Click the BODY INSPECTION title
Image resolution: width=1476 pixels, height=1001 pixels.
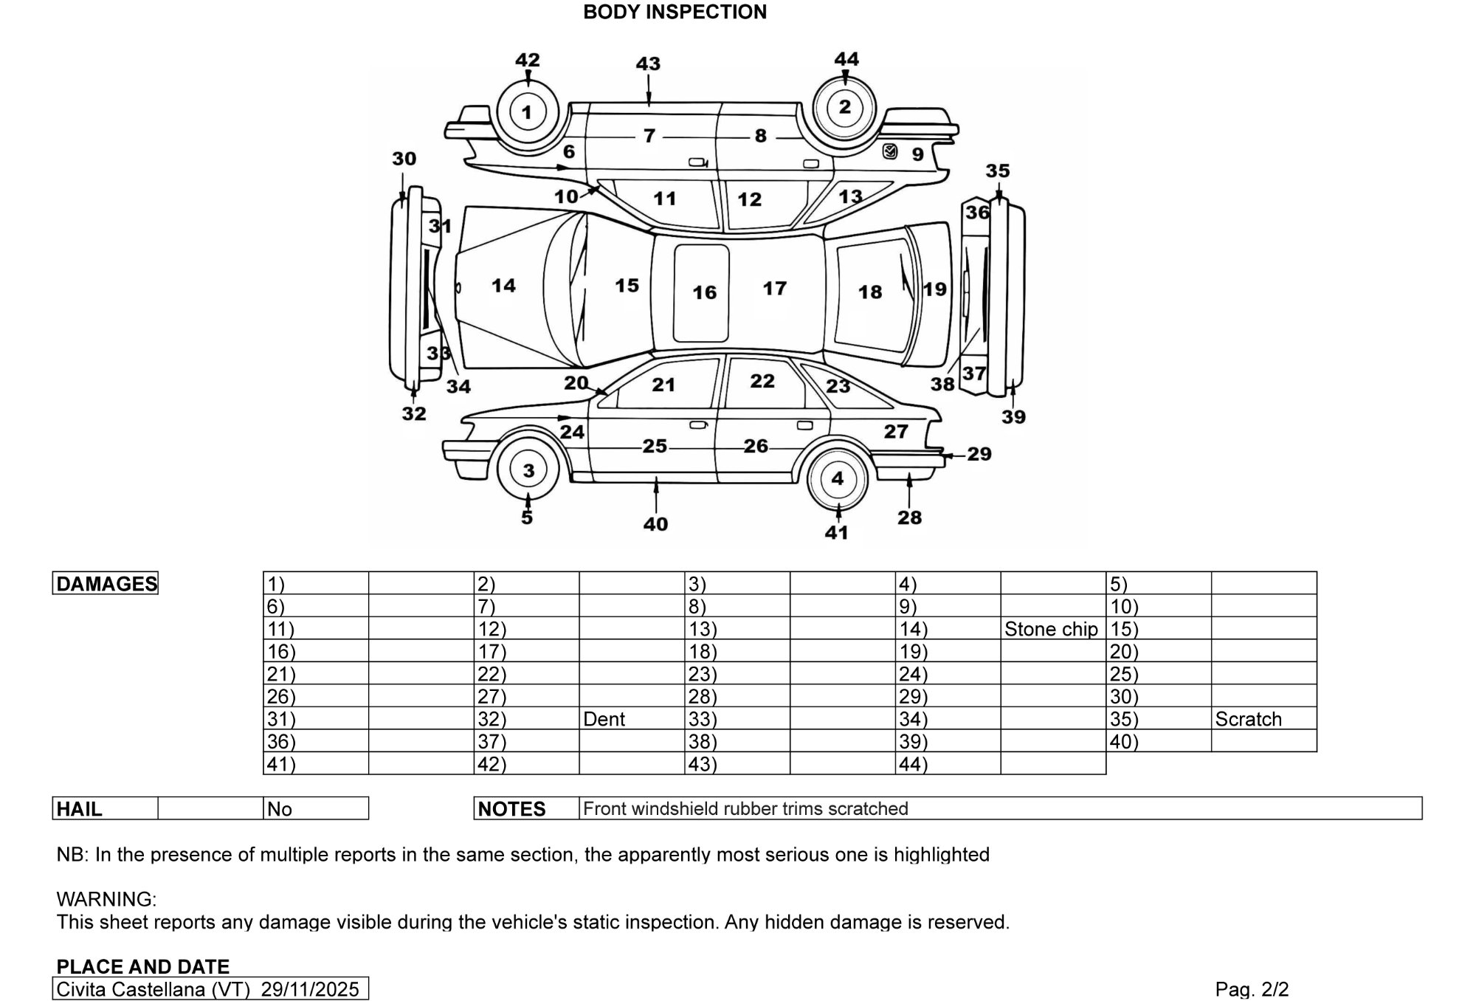click(x=675, y=12)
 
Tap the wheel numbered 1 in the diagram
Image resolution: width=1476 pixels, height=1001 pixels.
click(x=527, y=112)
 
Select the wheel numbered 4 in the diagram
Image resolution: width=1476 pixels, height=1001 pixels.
click(x=837, y=478)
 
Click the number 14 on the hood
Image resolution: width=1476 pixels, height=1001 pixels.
click(x=503, y=286)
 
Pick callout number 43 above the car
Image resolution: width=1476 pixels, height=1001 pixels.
click(x=648, y=63)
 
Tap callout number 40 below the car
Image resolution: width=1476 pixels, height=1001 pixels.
click(x=655, y=524)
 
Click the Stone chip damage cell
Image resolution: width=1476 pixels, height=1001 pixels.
click(x=1051, y=629)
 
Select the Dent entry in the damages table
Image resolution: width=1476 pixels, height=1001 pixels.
click(x=604, y=719)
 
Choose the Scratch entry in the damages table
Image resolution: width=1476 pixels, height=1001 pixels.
click(x=1248, y=719)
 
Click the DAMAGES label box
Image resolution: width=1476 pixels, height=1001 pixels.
click(x=106, y=584)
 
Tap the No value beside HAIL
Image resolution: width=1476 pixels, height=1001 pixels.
click(x=280, y=809)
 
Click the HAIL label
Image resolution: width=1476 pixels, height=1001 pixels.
click(x=79, y=809)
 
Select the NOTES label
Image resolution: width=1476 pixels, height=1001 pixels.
click(x=511, y=809)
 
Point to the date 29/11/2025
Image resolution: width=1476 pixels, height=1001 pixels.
click(x=310, y=989)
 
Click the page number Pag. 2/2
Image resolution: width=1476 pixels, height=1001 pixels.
click(x=1252, y=989)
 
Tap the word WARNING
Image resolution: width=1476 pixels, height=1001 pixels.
click(x=106, y=899)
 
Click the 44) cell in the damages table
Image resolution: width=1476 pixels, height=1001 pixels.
click(x=913, y=764)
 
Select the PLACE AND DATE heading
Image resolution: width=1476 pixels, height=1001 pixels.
click(x=143, y=966)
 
